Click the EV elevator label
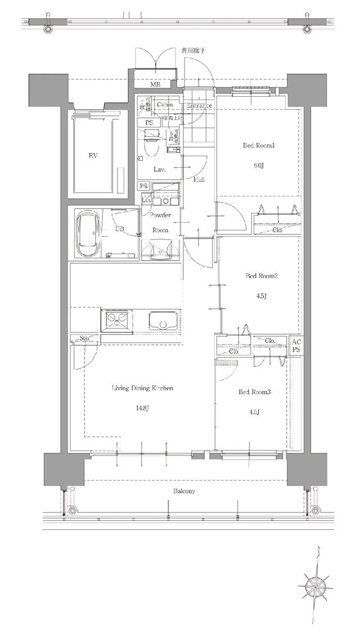click(x=93, y=156)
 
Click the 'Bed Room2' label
click(x=258, y=276)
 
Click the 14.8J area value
click(x=142, y=408)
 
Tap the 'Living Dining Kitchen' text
click(x=142, y=388)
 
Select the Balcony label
click(x=184, y=491)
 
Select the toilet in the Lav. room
click(x=150, y=143)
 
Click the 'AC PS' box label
click(x=296, y=345)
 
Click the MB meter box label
click(x=154, y=85)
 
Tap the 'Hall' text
click(x=199, y=180)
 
